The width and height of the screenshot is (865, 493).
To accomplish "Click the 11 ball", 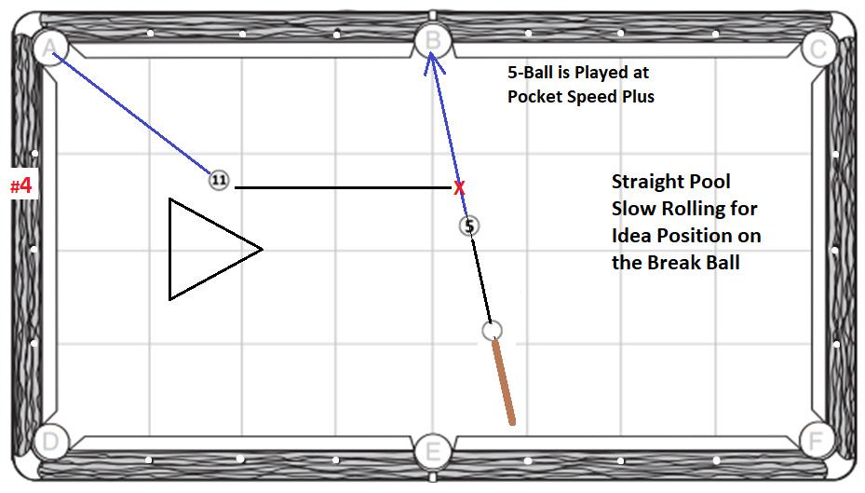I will click(219, 181).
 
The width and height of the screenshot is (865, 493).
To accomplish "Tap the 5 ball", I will click(469, 226).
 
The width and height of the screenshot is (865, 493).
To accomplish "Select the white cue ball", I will click(493, 330).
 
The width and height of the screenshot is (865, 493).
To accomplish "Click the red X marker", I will click(459, 188).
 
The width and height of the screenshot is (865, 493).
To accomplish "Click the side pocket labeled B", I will click(432, 41).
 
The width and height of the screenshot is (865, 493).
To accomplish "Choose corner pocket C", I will click(818, 48).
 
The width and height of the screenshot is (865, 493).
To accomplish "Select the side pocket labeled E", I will click(432, 452).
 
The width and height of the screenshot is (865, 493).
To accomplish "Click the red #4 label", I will click(21, 185).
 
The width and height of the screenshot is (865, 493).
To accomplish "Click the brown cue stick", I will click(504, 383).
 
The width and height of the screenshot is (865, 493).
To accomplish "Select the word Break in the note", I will click(678, 262).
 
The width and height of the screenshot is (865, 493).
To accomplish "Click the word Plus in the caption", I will click(635, 96).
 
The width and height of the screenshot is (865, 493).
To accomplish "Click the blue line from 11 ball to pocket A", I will click(130, 112).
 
